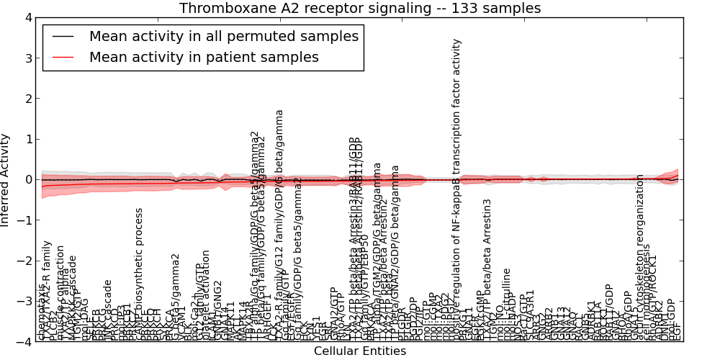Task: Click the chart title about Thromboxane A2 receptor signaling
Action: [x=360, y=8]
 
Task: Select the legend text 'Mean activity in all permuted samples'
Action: [x=223, y=36]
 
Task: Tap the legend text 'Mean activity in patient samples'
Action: [x=204, y=57]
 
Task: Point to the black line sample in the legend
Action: [x=62, y=36]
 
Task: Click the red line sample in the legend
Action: [x=62, y=57]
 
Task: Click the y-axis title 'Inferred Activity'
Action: [x=6, y=180]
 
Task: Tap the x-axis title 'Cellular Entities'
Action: [x=360, y=351]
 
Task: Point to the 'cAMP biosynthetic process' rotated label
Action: [x=140, y=274]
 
